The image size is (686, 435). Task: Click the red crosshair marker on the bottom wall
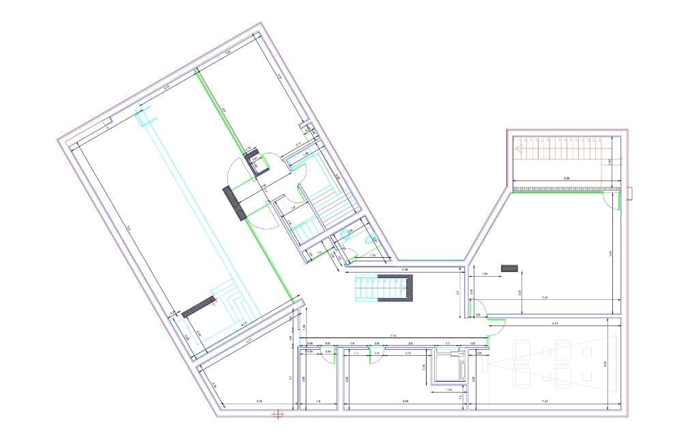(x=277, y=412)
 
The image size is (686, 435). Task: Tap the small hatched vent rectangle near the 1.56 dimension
(x=509, y=269)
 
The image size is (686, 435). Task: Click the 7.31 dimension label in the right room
(x=545, y=298)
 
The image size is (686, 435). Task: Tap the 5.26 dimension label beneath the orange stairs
(x=566, y=178)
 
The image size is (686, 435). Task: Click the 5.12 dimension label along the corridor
(x=393, y=335)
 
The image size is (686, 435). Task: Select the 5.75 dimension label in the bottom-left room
(x=259, y=400)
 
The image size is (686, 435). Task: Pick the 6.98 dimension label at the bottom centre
(x=405, y=400)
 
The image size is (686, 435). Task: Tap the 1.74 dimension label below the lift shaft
(x=448, y=389)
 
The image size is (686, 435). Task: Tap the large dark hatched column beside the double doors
(x=233, y=203)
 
